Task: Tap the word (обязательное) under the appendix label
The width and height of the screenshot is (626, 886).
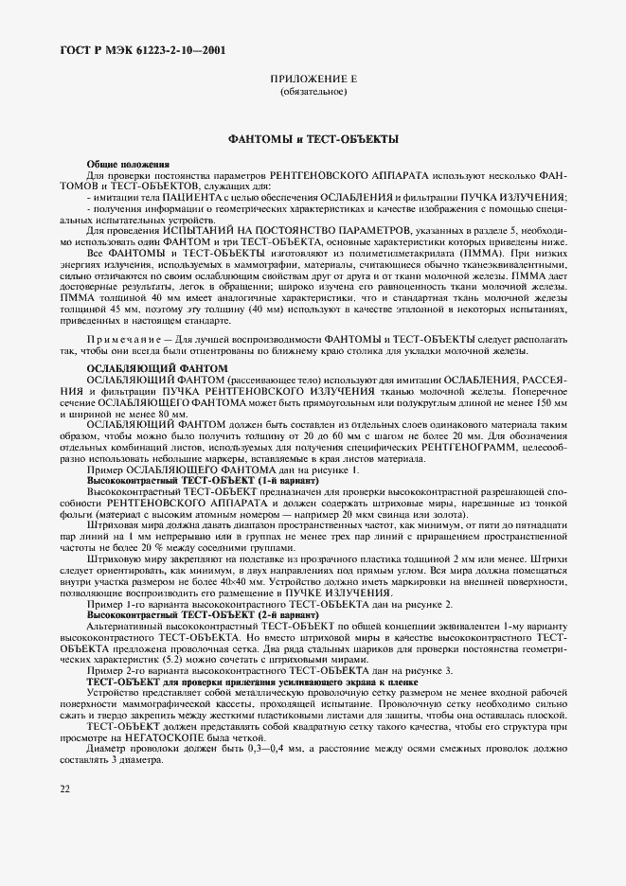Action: pyautogui.click(x=313, y=93)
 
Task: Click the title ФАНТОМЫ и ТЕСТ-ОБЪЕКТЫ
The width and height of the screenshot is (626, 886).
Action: pyautogui.click(x=313, y=138)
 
